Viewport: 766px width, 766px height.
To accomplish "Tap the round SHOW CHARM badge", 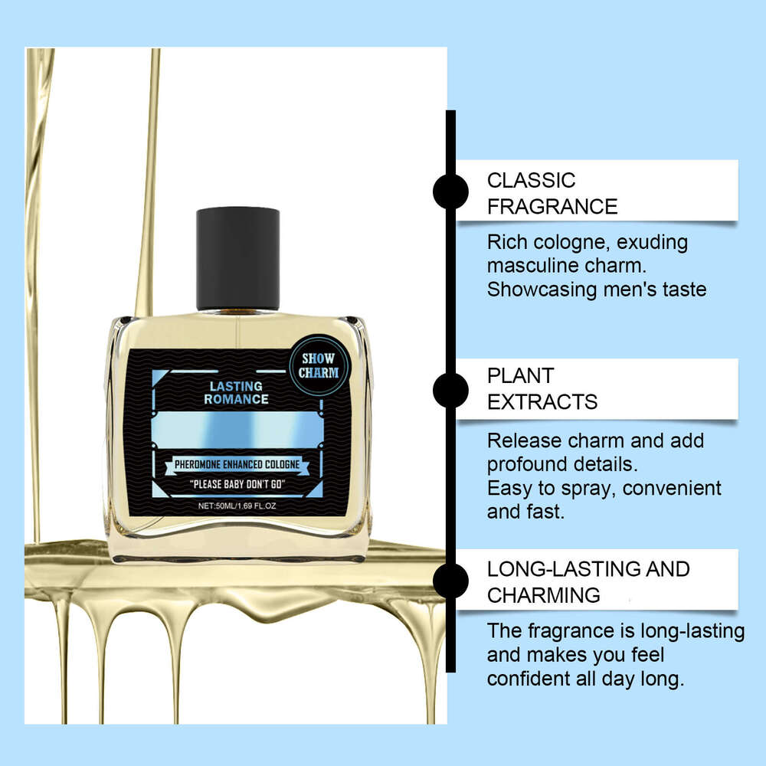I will point(318,367).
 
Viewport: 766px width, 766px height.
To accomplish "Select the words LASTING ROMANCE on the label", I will point(236,393).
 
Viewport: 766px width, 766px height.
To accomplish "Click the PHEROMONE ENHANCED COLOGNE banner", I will point(237,464).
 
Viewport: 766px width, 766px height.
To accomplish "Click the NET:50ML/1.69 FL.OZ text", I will point(237,506).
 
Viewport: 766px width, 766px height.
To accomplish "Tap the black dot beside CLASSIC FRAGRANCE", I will point(450,191).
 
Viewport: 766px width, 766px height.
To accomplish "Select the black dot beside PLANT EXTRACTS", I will point(450,390).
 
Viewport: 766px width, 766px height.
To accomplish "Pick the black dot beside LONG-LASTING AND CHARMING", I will point(450,581).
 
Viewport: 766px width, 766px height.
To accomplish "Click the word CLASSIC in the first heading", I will point(531,181).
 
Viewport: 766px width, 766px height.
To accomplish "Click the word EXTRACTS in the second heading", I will point(542,401).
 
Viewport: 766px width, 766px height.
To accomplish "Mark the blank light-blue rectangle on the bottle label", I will point(237,429).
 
